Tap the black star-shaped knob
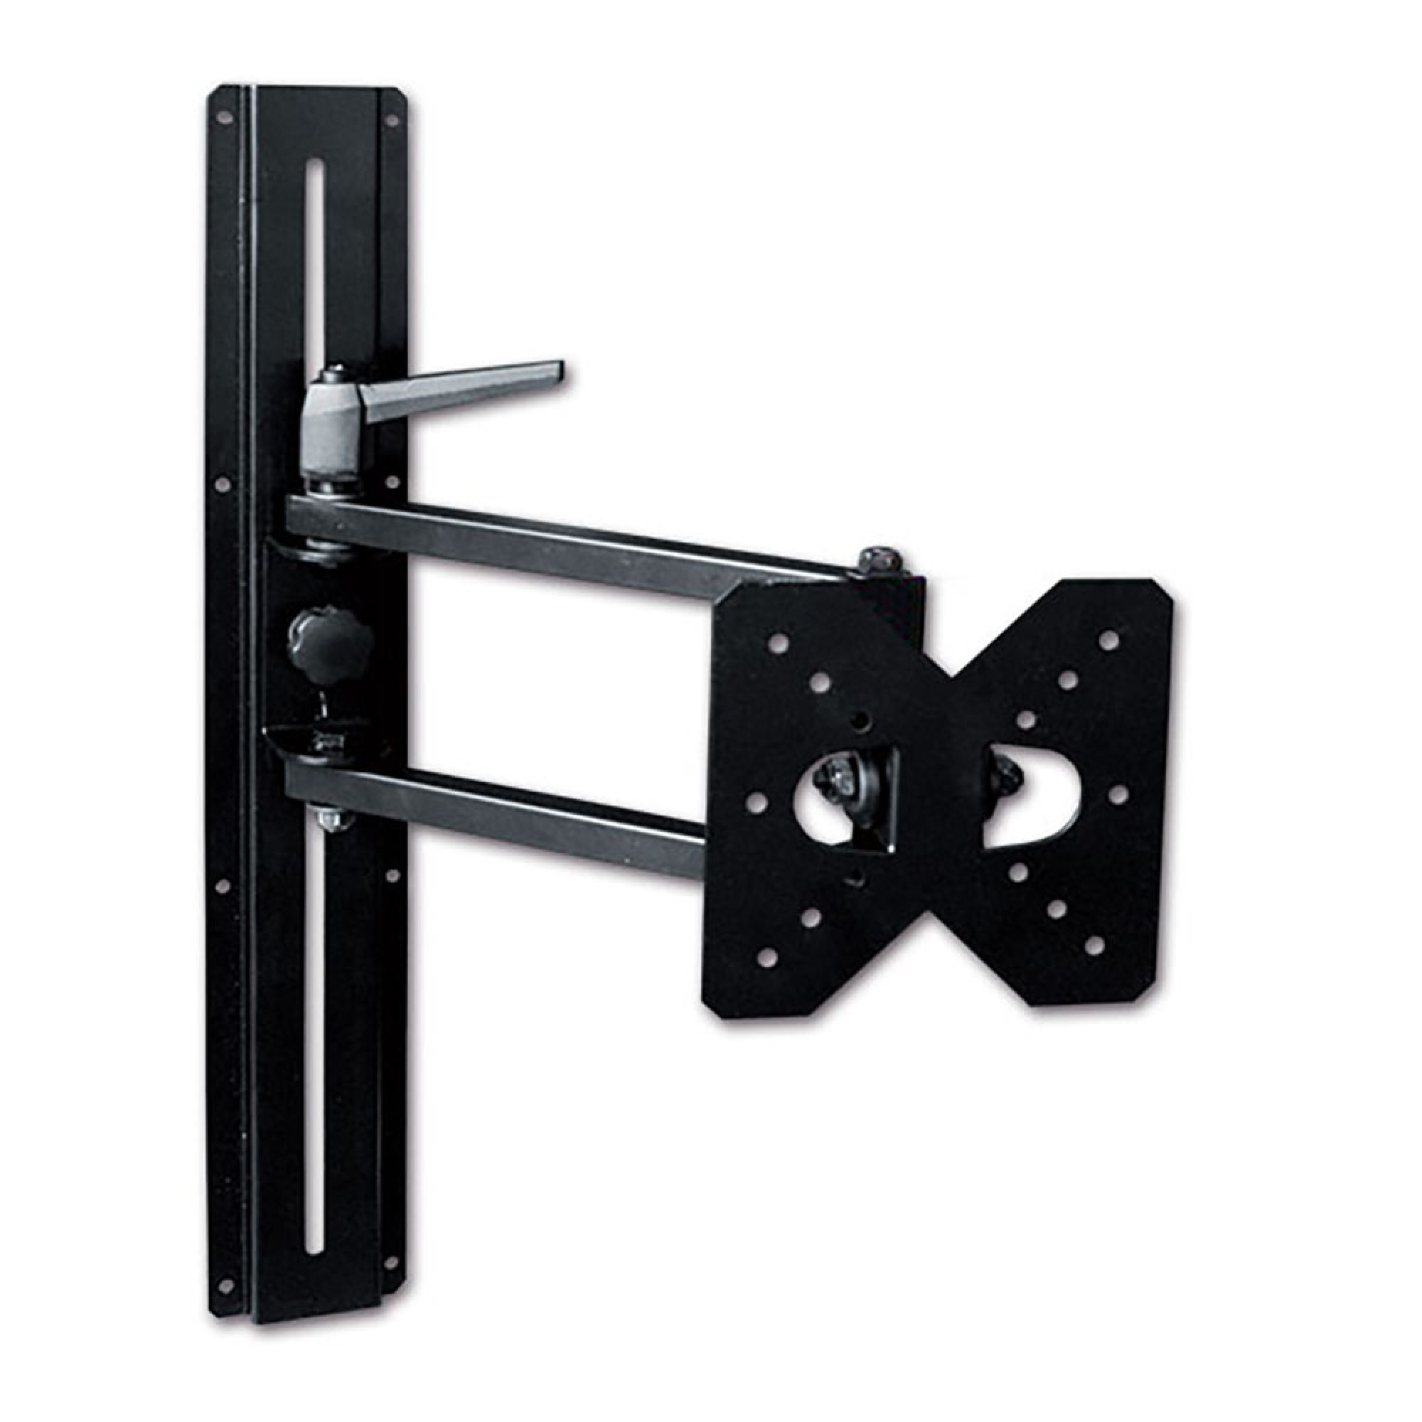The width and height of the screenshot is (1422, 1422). pos(329,639)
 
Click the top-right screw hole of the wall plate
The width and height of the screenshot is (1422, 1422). pos(392,119)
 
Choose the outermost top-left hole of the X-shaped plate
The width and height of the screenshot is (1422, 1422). pos(775,644)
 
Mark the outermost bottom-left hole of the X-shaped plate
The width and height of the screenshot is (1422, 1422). pos(768,958)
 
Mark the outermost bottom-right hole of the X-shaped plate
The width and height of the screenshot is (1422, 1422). pos(1094,944)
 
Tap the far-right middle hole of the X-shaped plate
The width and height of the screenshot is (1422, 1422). pos(1117,794)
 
